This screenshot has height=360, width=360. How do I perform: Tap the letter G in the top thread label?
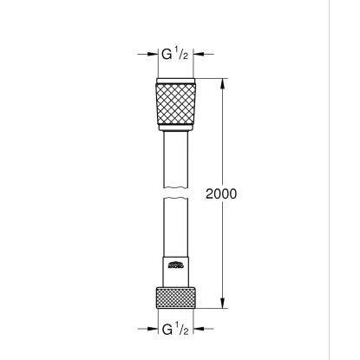167,54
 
